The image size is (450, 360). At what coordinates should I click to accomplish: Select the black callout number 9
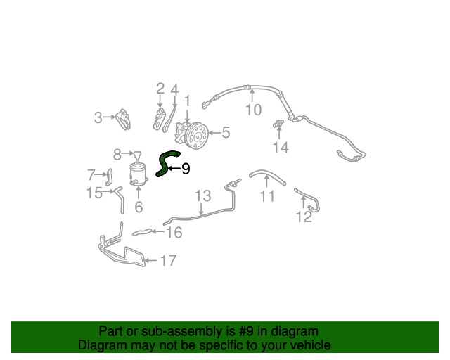pos(186,169)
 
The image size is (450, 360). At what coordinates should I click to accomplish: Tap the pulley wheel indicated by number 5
pos(197,135)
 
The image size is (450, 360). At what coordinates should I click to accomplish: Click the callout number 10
pos(254,110)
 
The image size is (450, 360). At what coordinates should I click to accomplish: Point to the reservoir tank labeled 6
pos(138,174)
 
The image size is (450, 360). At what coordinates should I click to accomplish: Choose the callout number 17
pos(168,261)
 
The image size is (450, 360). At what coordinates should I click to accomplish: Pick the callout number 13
pos(203,195)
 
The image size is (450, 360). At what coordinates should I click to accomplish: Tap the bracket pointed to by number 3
pos(124,119)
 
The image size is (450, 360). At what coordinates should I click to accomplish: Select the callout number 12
pos(304,217)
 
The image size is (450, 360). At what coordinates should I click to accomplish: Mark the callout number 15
pos(95,193)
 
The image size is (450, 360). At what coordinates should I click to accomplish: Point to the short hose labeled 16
pos(142,232)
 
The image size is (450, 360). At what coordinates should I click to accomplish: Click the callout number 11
pos(267,196)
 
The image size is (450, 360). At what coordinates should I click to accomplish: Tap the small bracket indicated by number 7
pos(110,177)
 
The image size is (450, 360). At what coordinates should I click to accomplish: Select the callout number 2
pos(160,89)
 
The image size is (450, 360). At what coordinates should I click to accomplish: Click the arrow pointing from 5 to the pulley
pos(215,133)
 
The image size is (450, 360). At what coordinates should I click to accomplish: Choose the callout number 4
pos(174,90)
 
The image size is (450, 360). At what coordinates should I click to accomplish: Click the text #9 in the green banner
pos(246,331)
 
